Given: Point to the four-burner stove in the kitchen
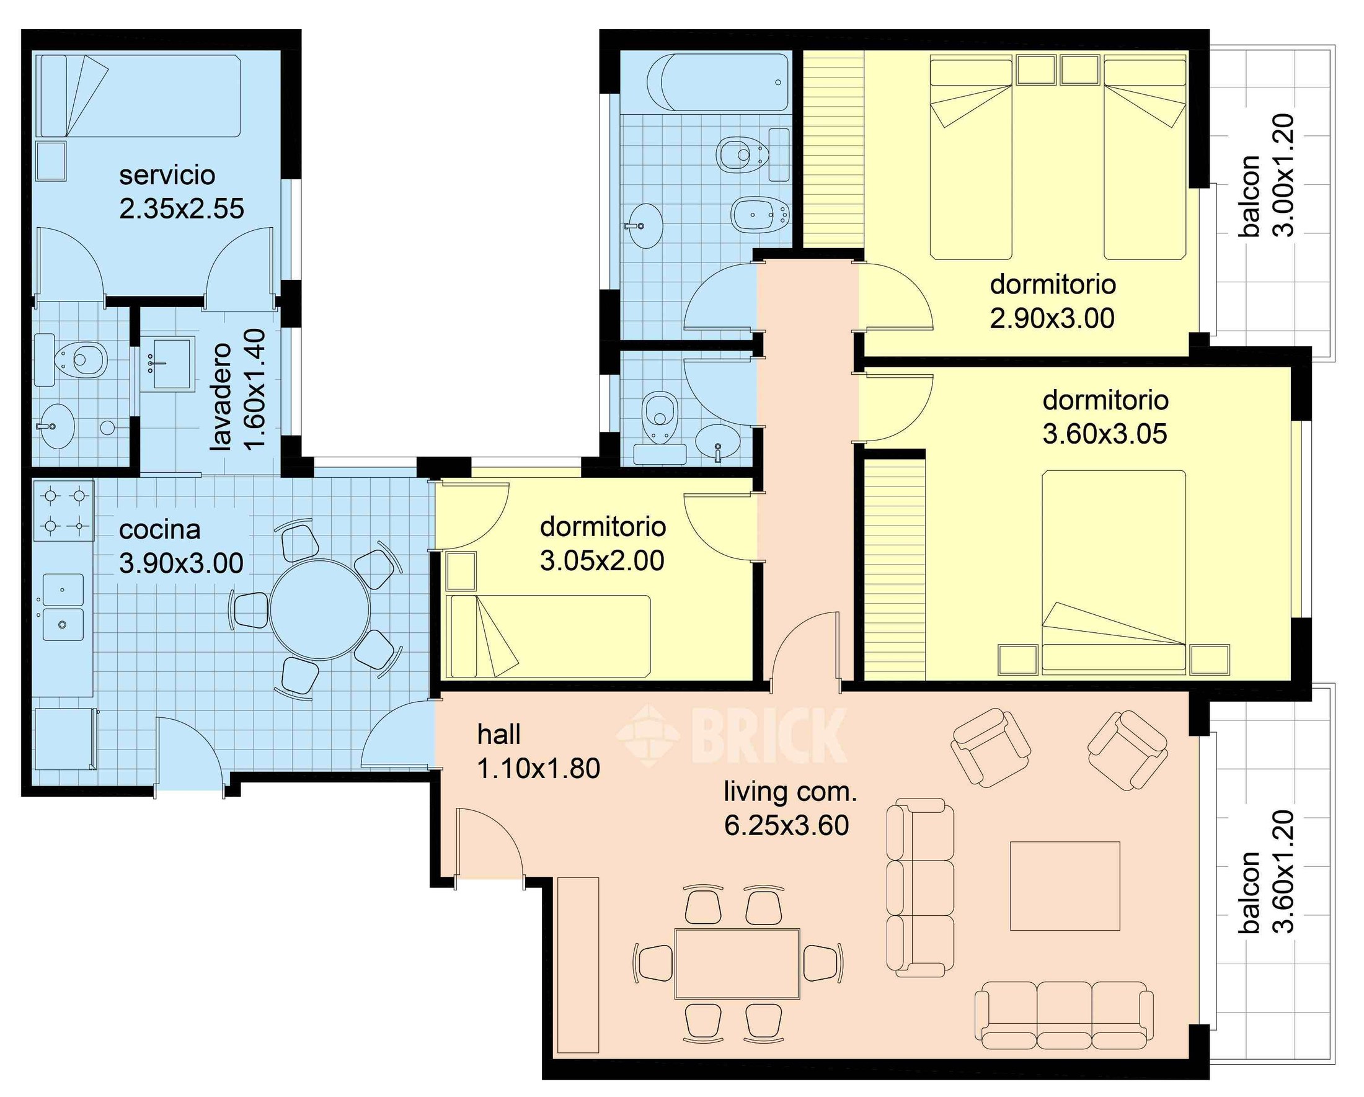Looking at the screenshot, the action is point(63,510).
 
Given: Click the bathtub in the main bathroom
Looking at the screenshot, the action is point(718,83).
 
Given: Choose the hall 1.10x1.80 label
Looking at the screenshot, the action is point(538,751).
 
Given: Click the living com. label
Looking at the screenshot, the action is point(790,792).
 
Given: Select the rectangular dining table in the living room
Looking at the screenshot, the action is point(737,963).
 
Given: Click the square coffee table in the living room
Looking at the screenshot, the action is point(1065,885).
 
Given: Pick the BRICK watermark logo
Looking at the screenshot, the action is point(732,735).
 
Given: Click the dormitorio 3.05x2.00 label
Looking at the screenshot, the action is point(602,544).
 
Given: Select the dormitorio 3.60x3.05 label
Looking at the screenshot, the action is point(1105,417).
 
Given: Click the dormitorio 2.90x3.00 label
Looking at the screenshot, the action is point(1052,302).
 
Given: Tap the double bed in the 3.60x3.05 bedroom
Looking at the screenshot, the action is point(1114,570).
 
